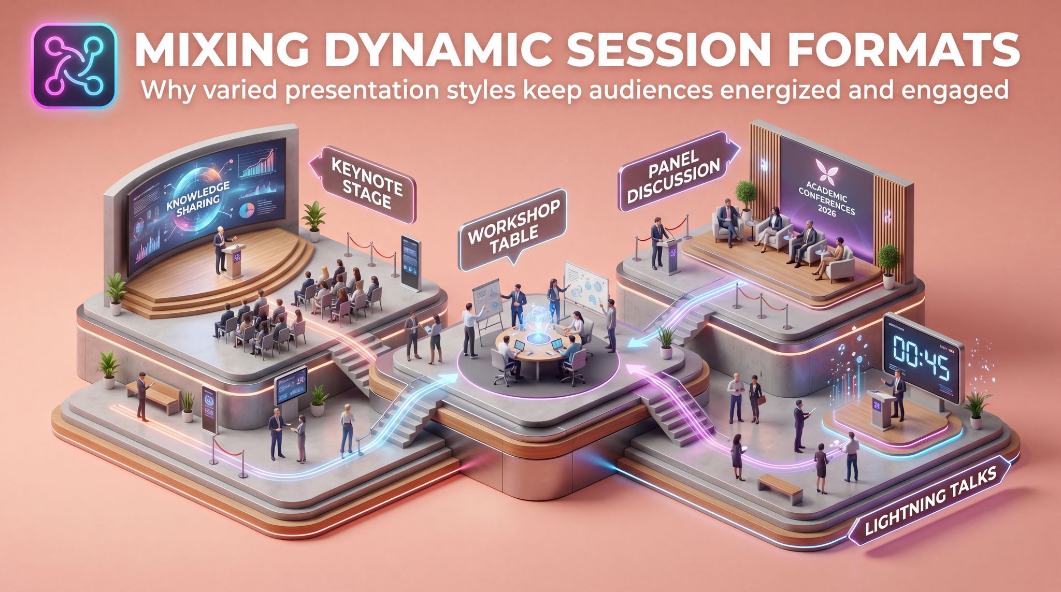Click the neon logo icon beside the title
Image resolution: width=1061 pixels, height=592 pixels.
coord(74,66)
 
